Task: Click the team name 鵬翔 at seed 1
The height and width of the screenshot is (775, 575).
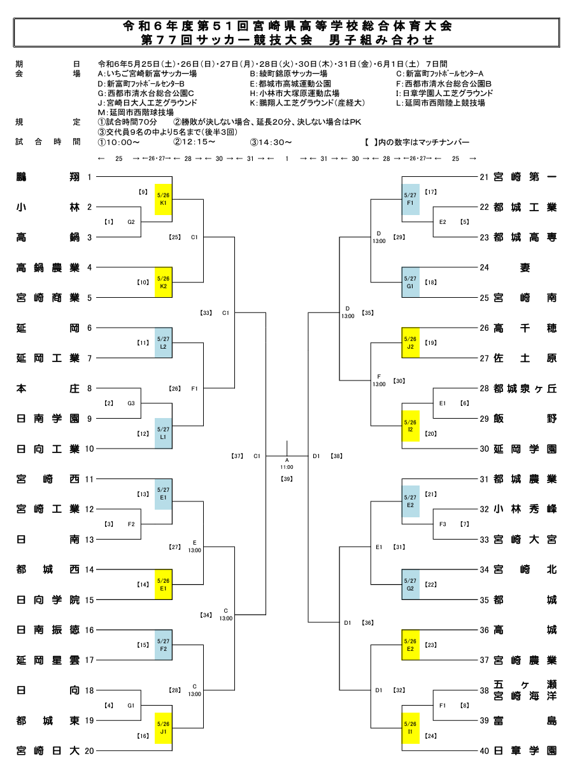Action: pos(48,177)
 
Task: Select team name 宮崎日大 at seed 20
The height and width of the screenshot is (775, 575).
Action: pos(48,751)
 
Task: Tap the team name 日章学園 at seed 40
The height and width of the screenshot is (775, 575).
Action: pos(525,751)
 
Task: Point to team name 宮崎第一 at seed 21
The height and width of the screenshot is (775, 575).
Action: pos(525,177)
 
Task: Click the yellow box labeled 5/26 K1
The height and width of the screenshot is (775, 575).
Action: pos(164,199)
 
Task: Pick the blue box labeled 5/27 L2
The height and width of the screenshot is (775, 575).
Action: pos(164,343)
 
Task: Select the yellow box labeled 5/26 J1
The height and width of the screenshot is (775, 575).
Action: pos(164,728)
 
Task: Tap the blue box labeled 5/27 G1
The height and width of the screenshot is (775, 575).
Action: pos(411,283)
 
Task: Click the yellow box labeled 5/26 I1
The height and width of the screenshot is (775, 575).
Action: pos(411,728)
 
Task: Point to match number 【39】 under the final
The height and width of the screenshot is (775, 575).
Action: pos(287,478)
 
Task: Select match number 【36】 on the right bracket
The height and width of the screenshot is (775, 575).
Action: pos(367,623)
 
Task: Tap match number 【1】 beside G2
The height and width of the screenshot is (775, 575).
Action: pos(109,222)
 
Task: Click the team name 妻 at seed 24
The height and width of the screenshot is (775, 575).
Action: pos(525,267)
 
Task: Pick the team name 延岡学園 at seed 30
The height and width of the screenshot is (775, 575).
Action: pos(525,449)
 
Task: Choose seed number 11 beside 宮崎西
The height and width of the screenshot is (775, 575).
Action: pos(89,479)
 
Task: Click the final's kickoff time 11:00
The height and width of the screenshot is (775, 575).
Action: pos(287,467)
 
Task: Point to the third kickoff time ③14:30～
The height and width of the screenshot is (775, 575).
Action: pos(271,142)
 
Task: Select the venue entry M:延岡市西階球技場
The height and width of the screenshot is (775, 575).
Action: pos(136,112)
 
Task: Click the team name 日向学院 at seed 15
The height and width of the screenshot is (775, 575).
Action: pos(48,600)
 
